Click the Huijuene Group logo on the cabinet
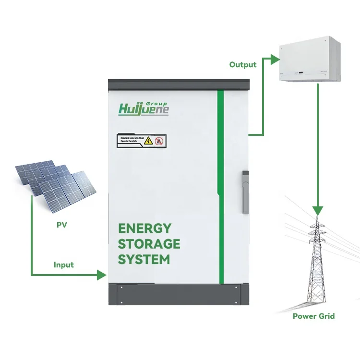click(144, 108)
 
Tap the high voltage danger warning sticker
click(141, 141)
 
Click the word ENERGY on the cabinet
click(144, 228)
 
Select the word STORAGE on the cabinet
click(149, 243)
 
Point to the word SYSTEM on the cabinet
click(144, 259)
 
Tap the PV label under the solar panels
click(61, 224)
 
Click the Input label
click(64, 264)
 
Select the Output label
click(243, 65)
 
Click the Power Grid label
click(313, 316)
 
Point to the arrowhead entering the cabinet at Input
click(101, 275)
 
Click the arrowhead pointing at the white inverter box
click(274, 60)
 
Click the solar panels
click(54, 183)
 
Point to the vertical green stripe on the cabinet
click(221, 187)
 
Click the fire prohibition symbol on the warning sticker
click(159, 141)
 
